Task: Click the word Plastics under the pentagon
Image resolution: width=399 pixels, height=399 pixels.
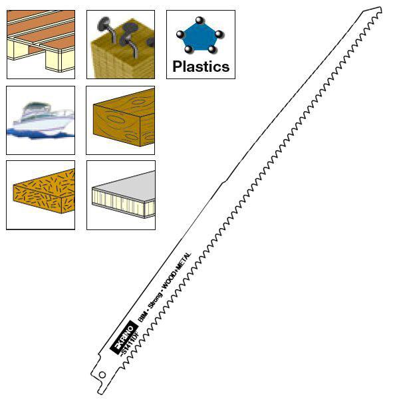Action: (x=201, y=66)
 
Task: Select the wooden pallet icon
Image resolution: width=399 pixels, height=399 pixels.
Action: (x=41, y=45)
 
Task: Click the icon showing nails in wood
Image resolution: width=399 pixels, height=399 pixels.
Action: (x=120, y=45)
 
